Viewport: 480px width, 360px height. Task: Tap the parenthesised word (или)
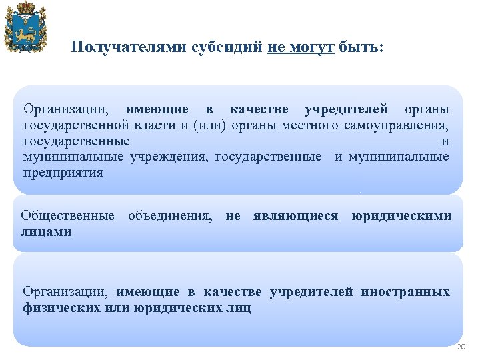point(209,125)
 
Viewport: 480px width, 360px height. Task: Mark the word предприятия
point(63,173)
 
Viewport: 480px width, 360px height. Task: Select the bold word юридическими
point(401,216)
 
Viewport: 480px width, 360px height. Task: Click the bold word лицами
point(46,231)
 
